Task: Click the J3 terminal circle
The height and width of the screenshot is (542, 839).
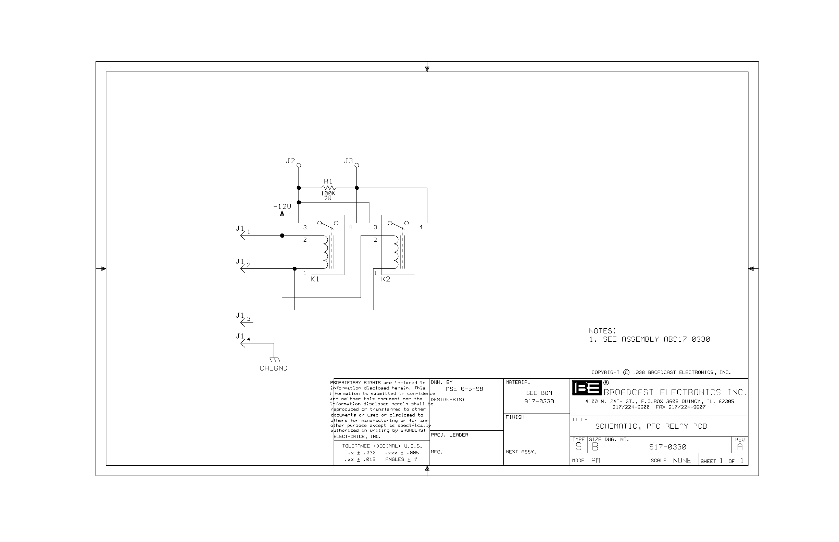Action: coord(357,165)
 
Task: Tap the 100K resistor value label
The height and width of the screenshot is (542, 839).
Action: coord(328,193)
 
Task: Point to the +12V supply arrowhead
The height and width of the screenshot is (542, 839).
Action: coord(282,214)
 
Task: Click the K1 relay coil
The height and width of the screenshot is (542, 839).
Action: coord(325,252)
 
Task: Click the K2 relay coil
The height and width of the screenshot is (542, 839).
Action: coord(396,252)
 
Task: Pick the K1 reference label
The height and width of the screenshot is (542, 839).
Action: coord(315,279)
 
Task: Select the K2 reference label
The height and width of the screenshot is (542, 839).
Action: coord(386,279)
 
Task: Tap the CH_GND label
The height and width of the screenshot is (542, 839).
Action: coord(274,368)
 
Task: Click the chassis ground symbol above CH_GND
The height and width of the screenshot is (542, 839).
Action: coord(274,360)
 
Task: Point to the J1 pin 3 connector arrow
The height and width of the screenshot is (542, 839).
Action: coord(243,322)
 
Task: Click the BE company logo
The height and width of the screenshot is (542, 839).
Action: coord(587,388)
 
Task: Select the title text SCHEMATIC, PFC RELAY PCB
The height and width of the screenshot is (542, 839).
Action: coord(651,426)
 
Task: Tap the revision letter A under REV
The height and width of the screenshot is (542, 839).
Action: coord(740,447)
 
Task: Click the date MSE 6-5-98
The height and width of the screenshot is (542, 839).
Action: coord(464,389)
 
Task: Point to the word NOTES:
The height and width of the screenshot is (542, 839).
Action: coord(602,331)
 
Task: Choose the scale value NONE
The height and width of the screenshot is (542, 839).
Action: coord(682,461)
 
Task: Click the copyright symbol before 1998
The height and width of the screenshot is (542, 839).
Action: coord(626,373)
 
